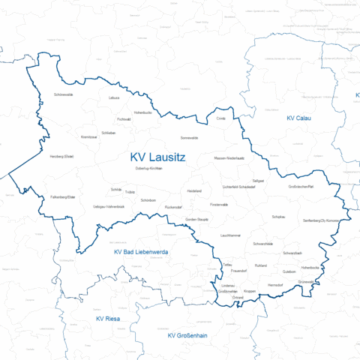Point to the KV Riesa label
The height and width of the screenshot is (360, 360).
click(x=108, y=319)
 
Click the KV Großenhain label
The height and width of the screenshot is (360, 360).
click(x=187, y=335)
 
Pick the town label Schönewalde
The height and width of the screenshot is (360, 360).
click(x=64, y=94)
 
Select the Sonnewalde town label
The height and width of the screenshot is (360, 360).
click(x=189, y=138)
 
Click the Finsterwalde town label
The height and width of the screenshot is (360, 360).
click(x=219, y=204)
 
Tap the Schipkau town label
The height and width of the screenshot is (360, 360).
click(x=278, y=216)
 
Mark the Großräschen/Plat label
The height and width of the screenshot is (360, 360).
click(x=305, y=187)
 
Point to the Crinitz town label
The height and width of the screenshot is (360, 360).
click(x=220, y=118)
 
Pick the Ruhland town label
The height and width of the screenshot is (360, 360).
click(x=261, y=266)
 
